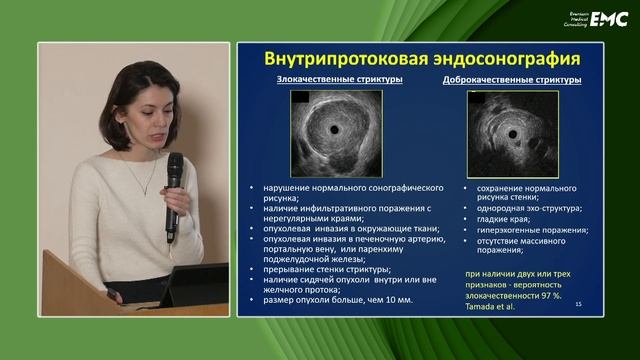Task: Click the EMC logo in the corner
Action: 608,18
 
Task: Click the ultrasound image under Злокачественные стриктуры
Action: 329,131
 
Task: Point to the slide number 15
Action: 579,317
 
